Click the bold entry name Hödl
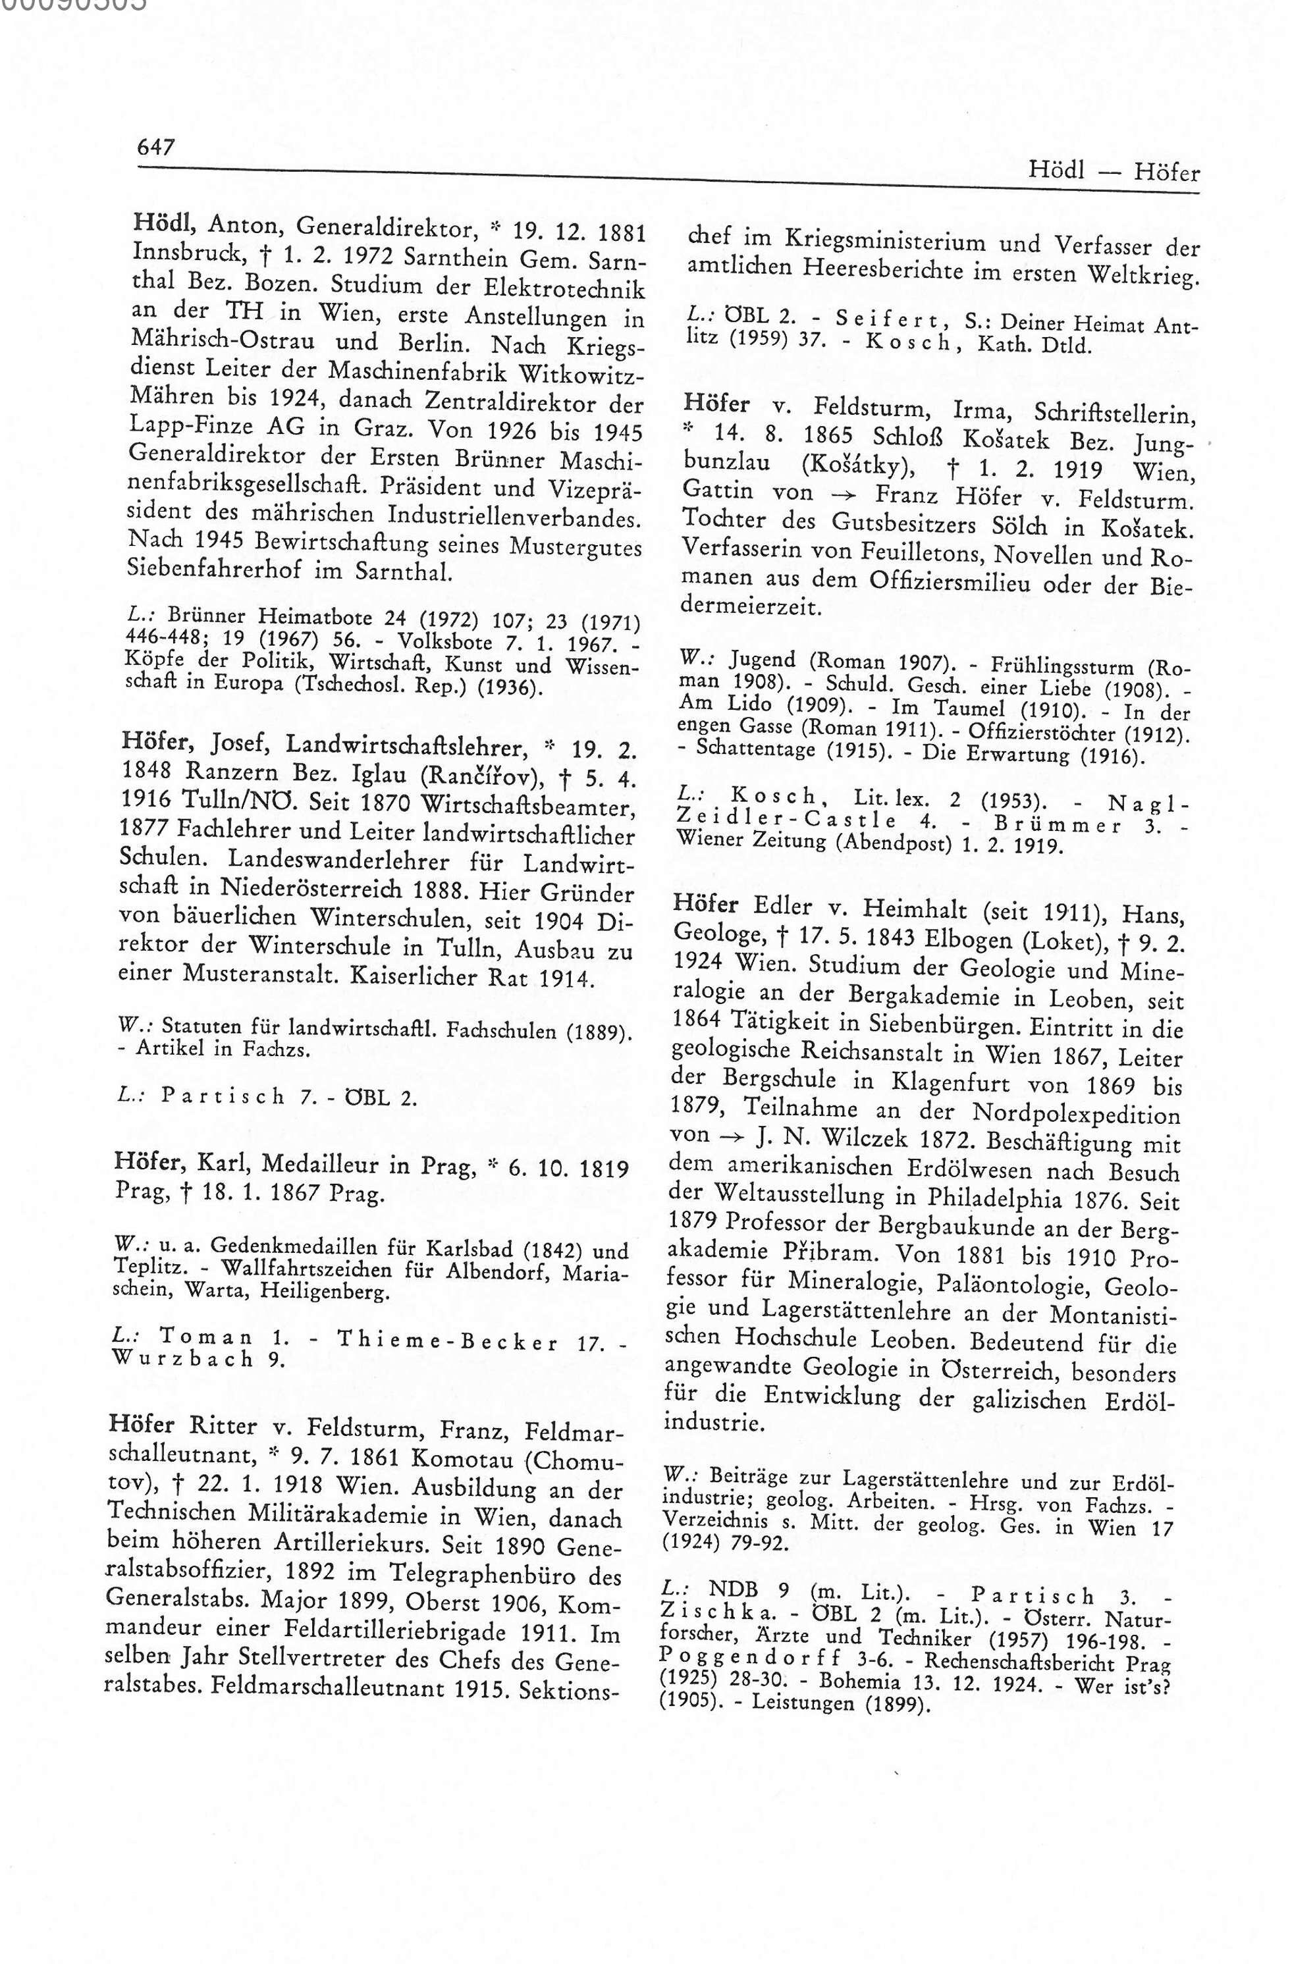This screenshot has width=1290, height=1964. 162,222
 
